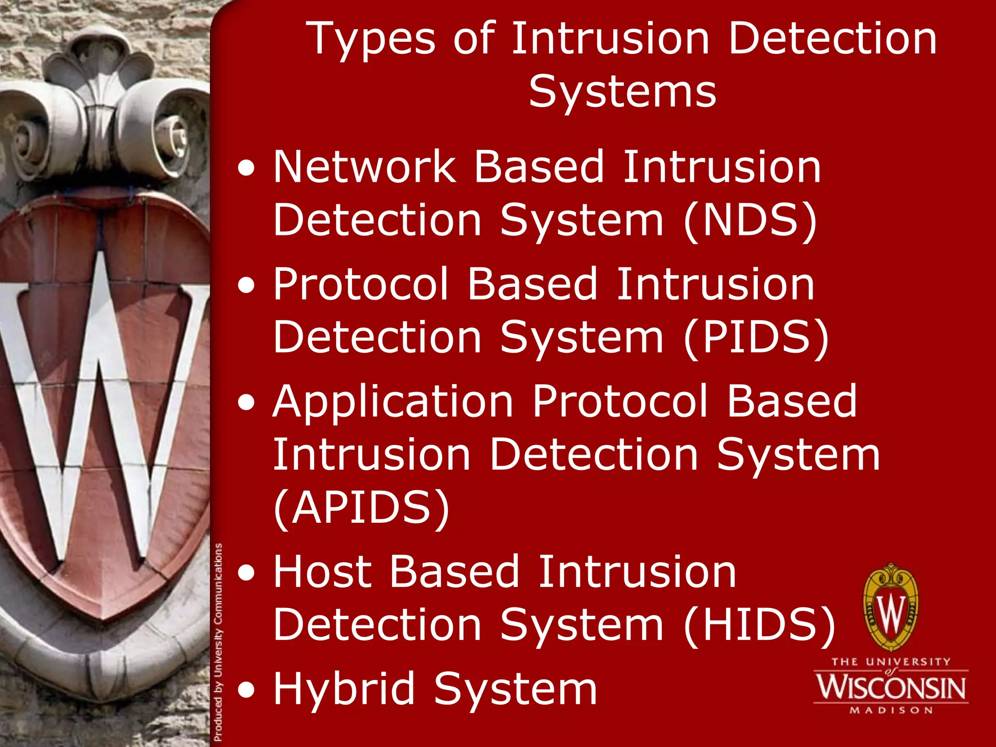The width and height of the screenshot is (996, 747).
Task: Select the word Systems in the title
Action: tap(622, 92)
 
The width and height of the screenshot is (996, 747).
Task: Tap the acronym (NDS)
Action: tap(750, 220)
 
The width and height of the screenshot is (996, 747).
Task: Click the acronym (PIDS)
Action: tap(756, 338)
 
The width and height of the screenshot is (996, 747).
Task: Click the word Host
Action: tap(322, 572)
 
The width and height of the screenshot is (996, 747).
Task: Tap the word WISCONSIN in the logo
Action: tap(891, 688)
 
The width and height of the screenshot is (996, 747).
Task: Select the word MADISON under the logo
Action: tap(891, 711)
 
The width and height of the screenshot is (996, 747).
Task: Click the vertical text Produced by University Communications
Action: tap(218, 642)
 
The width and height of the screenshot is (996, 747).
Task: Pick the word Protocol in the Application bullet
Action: tap(620, 402)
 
